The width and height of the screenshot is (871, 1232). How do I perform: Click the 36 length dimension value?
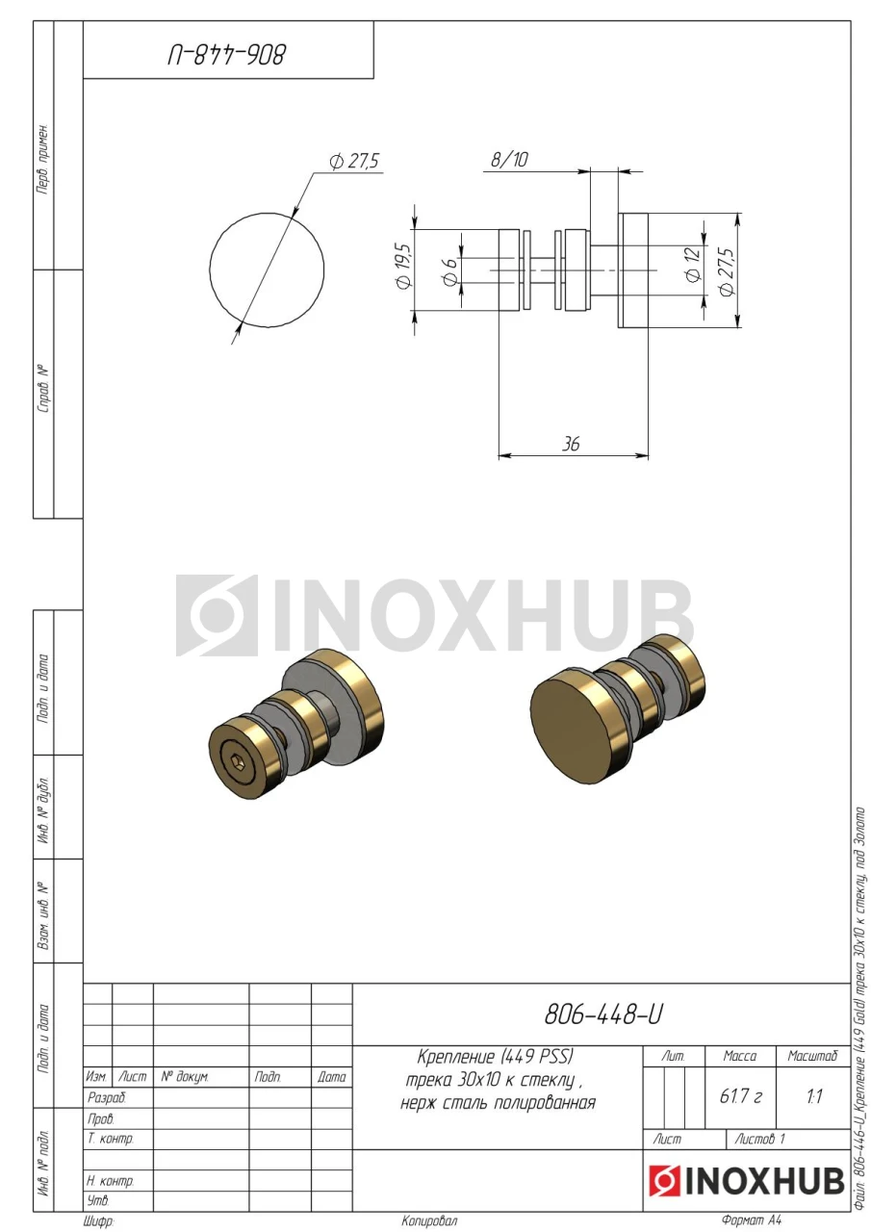[570, 444]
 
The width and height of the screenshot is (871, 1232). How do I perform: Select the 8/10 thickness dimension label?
[508, 160]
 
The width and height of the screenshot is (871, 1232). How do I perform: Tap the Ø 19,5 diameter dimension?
[403, 266]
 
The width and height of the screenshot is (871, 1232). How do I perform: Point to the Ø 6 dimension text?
[449, 271]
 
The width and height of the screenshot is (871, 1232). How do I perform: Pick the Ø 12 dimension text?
[693, 265]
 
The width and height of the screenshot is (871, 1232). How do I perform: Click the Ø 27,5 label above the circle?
[355, 161]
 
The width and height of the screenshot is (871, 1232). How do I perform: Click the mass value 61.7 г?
[740, 1096]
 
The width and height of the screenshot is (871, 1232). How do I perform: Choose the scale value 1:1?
[814, 1096]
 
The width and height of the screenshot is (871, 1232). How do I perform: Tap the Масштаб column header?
[812, 1056]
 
